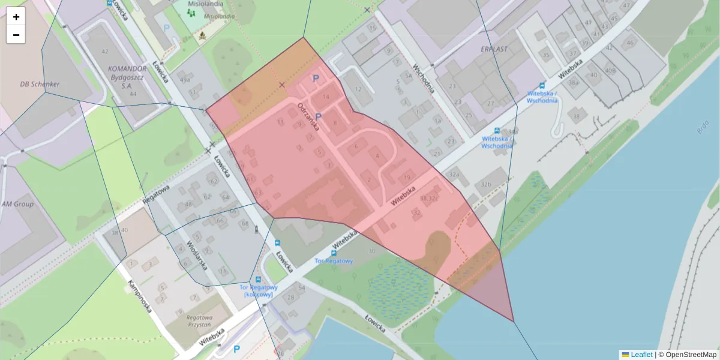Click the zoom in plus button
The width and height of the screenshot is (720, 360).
tap(16, 17)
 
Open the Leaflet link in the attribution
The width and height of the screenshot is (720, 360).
tap(641, 355)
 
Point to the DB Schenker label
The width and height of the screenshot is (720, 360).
tap(40, 84)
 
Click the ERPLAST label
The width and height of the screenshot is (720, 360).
tap(494, 49)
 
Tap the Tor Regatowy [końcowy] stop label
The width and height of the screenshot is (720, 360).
tap(259, 290)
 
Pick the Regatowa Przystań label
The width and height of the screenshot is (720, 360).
tap(200, 320)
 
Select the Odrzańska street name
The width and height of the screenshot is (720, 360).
tap(308, 117)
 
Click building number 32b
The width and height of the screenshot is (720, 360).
tap(485, 184)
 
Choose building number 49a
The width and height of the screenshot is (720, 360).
tap(185, 80)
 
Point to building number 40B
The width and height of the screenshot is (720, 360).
tap(610, 70)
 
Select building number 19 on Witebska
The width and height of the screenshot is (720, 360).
tap(407, 177)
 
